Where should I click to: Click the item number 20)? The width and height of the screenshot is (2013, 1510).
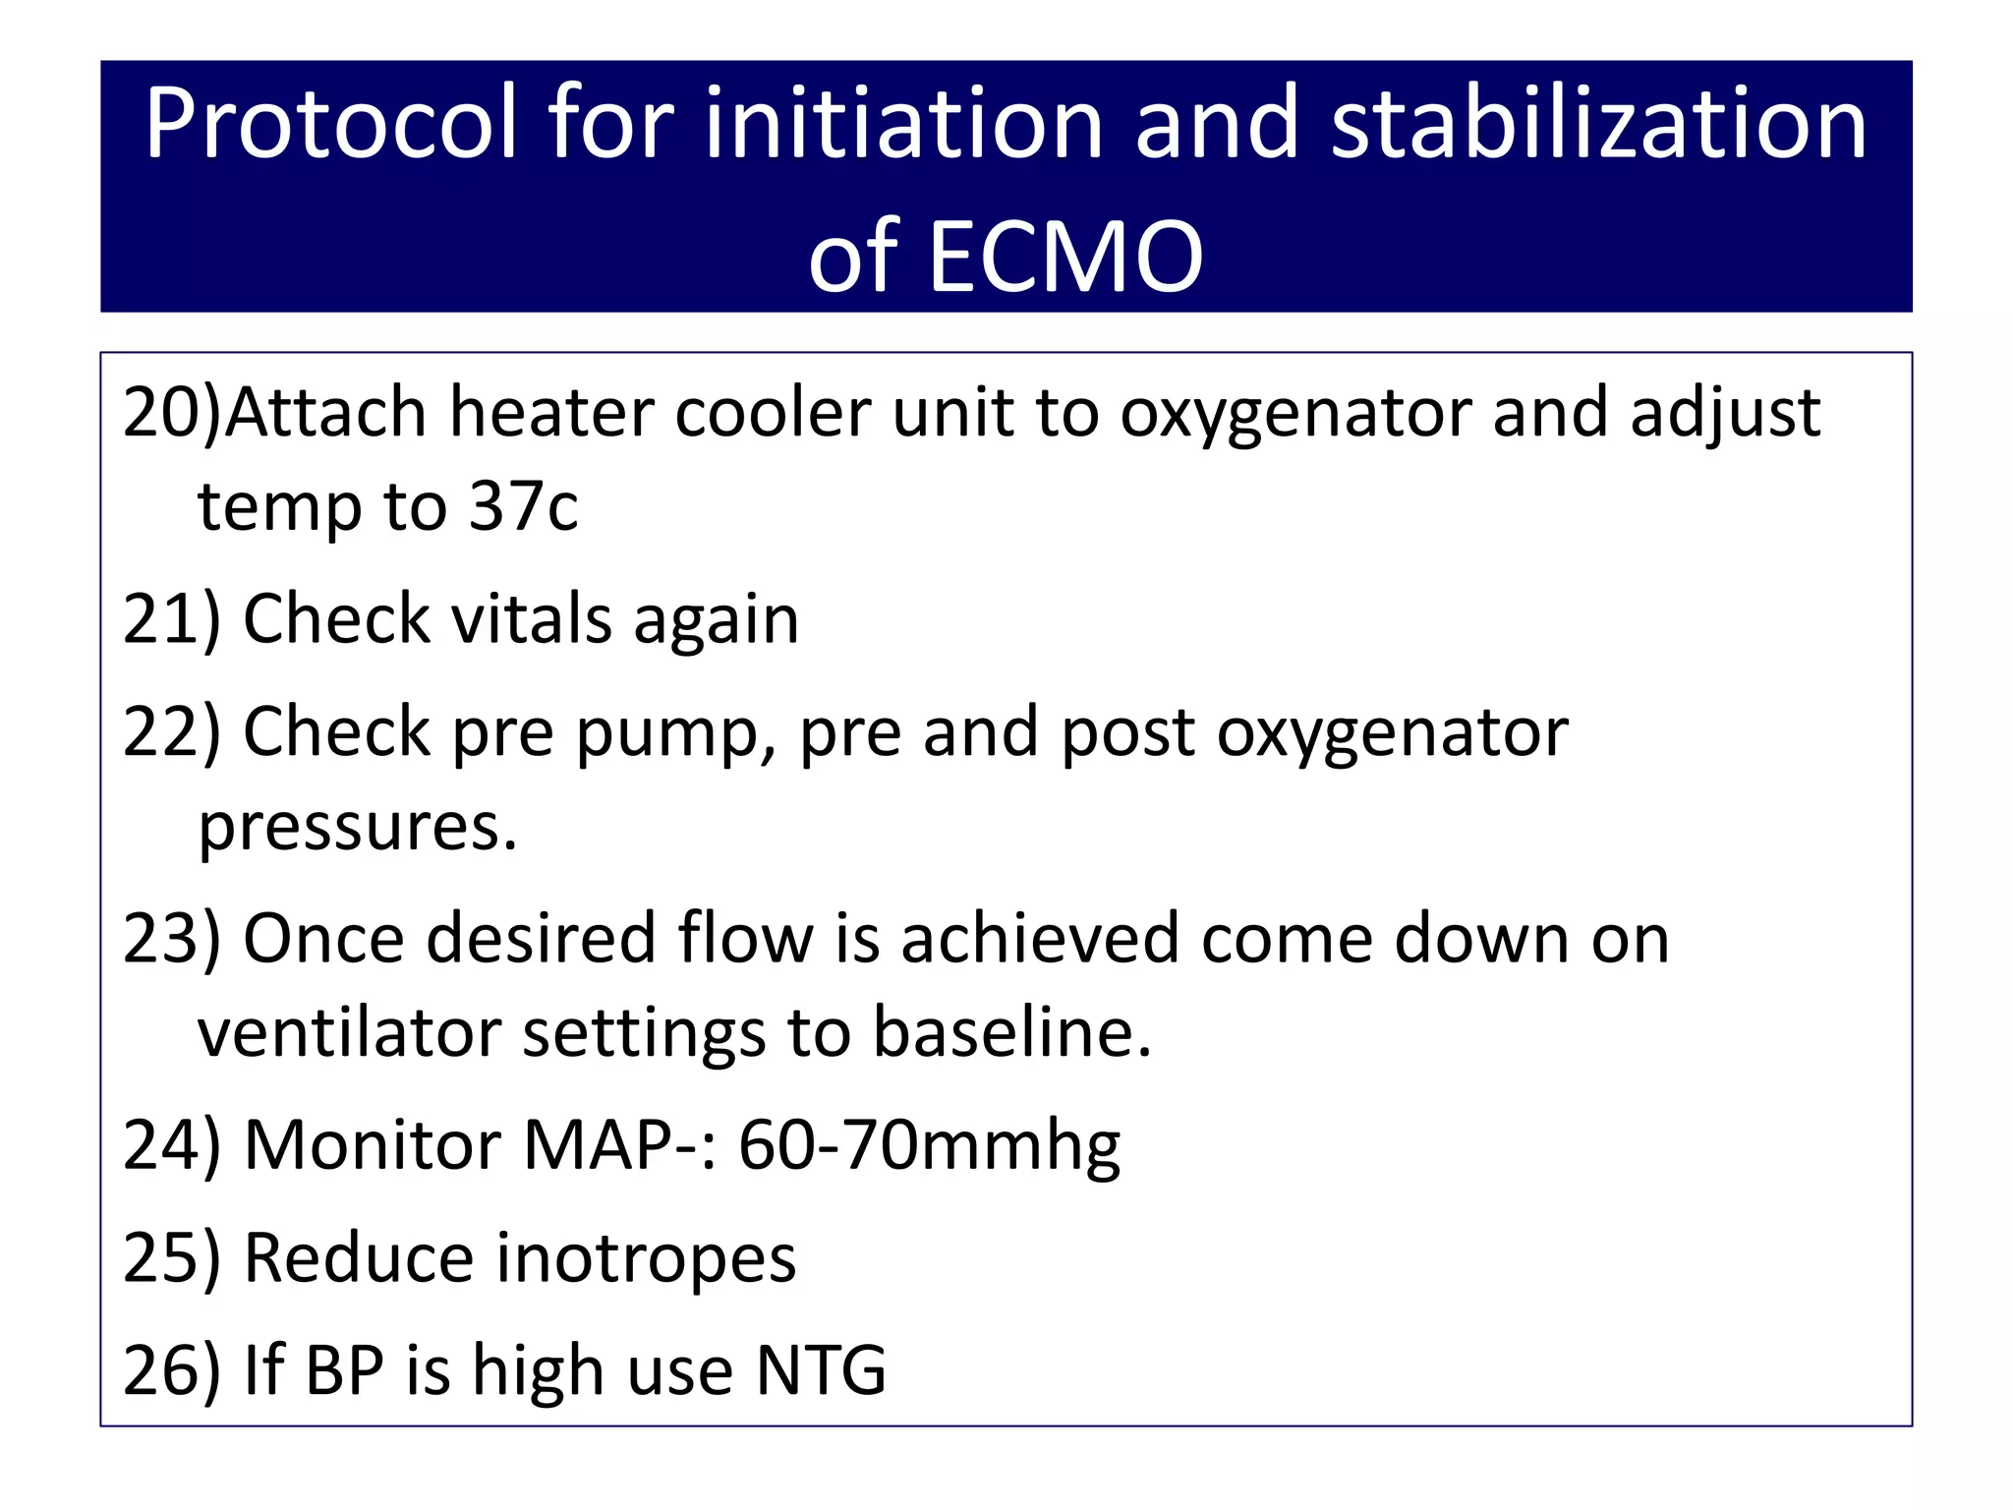[x=172, y=412]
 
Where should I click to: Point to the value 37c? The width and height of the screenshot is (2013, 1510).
[x=523, y=507]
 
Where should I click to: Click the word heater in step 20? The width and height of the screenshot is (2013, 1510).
[x=549, y=412]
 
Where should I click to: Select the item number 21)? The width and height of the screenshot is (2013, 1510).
[x=172, y=619]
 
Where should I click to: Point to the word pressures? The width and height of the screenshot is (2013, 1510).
[x=358, y=827]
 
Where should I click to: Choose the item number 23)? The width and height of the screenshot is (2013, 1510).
[x=172, y=939]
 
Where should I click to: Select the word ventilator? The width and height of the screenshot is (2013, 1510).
[x=348, y=1033]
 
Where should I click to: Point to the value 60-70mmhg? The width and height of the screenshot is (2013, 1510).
[x=929, y=1147]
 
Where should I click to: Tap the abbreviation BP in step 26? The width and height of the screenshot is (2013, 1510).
[x=344, y=1370]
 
